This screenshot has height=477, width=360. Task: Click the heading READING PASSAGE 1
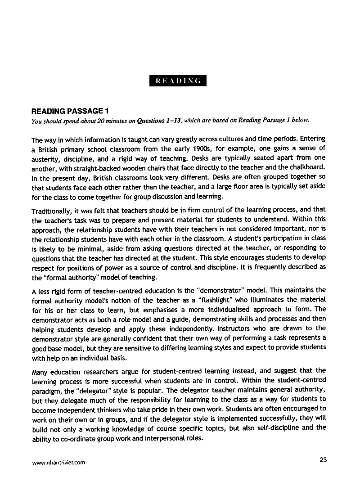pos(70,111)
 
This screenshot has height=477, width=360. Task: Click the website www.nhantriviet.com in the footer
pos(58,462)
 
